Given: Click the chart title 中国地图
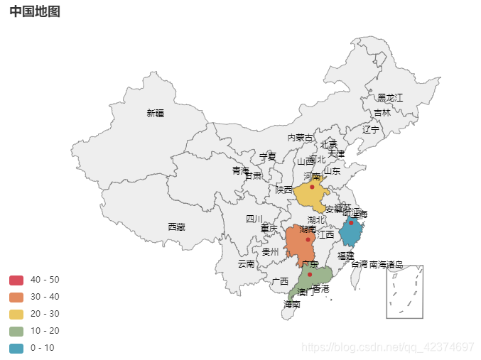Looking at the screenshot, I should [x=35, y=11].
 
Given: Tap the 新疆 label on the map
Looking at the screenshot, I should [x=155, y=113].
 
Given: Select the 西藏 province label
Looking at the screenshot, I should [x=176, y=227].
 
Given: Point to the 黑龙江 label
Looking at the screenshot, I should [x=390, y=97].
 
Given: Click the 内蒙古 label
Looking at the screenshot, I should [x=300, y=138].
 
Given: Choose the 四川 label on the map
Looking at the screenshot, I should [x=254, y=219].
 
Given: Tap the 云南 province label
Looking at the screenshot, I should [x=246, y=263].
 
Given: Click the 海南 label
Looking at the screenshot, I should [x=291, y=304].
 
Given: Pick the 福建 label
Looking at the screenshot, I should [x=345, y=255].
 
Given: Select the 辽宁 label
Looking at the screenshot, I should [x=371, y=129].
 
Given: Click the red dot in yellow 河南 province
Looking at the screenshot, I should [x=312, y=187].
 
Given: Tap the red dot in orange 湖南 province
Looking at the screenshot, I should [x=308, y=240].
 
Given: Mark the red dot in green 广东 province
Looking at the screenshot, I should [x=310, y=274].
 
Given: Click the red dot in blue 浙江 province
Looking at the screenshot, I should [x=351, y=223].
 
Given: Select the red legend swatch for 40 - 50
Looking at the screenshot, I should [x=16, y=279].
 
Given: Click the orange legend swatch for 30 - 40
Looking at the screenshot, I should [x=16, y=296].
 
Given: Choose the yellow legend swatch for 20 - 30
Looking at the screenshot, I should [x=16, y=313].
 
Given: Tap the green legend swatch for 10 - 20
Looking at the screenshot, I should [x=16, y=330].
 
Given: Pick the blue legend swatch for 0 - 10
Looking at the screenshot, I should [x=16, y=347].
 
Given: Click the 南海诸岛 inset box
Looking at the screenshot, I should [x=405, y=292].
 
